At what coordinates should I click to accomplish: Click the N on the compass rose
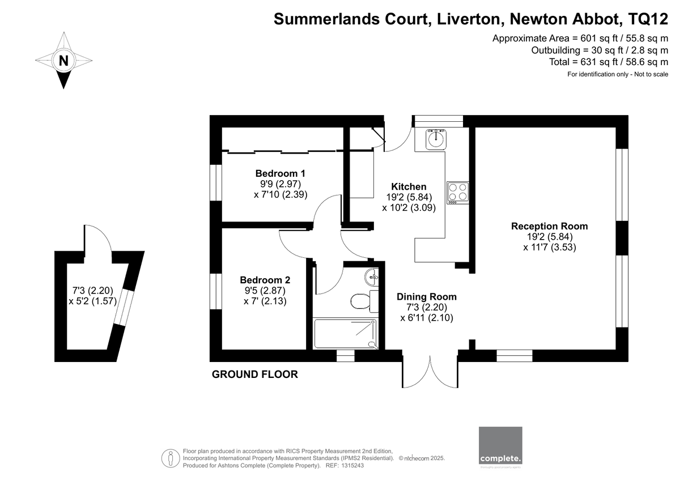click(64, 60)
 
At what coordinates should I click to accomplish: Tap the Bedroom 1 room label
click(280, 173)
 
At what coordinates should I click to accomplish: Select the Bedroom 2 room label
click(265, 280)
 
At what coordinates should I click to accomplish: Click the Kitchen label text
click(409, 187)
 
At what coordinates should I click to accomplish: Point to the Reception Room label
click(549, 226)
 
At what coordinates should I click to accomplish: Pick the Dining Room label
click(426, 297)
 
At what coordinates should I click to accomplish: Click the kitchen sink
click(435, 138)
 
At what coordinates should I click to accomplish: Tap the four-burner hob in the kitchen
click(457, 192)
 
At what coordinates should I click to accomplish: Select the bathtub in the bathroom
click(345, 334)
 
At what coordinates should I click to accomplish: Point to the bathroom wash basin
click(372, 276)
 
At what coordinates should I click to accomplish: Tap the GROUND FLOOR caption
click(254, 374)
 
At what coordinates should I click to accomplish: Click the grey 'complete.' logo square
click(500, 446)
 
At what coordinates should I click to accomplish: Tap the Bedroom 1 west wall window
click(215, 182)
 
